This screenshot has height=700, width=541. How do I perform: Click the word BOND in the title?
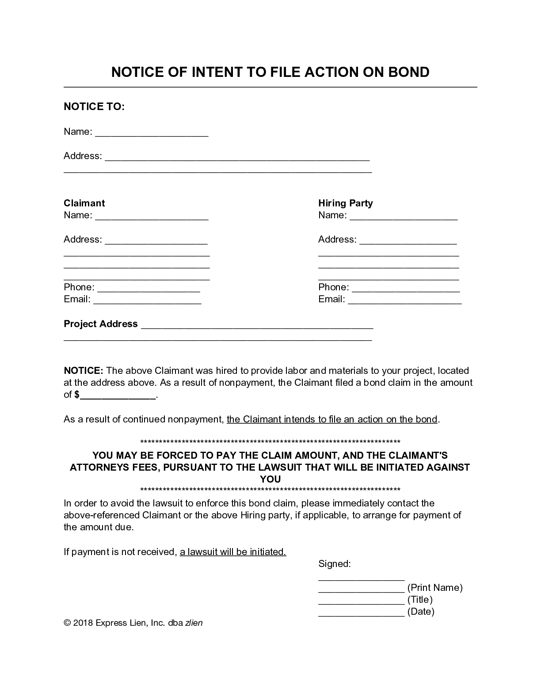pos(408,72)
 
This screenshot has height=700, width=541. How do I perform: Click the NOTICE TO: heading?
pos(94,107)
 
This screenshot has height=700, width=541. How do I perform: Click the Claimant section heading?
pos(84,203)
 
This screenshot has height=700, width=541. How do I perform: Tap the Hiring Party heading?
pos(345,203)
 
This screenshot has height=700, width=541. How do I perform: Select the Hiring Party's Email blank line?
pos(404,301)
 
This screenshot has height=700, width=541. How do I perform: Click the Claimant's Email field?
pos(147,301)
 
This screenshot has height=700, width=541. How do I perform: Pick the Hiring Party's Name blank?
pos(403,217)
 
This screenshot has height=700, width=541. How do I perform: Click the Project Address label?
pos(101,324)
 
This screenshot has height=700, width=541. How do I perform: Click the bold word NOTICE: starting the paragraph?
pos(84,371)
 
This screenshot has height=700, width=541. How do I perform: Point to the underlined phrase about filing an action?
pos(332,419)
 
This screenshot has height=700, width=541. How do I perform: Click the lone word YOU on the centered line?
pos(270,479)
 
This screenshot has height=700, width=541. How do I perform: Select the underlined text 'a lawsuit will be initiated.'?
pos(233,552)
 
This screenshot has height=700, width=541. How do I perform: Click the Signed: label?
pos(334,564)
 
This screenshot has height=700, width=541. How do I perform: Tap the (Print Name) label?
pos(434,588)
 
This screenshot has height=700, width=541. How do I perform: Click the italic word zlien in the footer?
pos(194,623)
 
